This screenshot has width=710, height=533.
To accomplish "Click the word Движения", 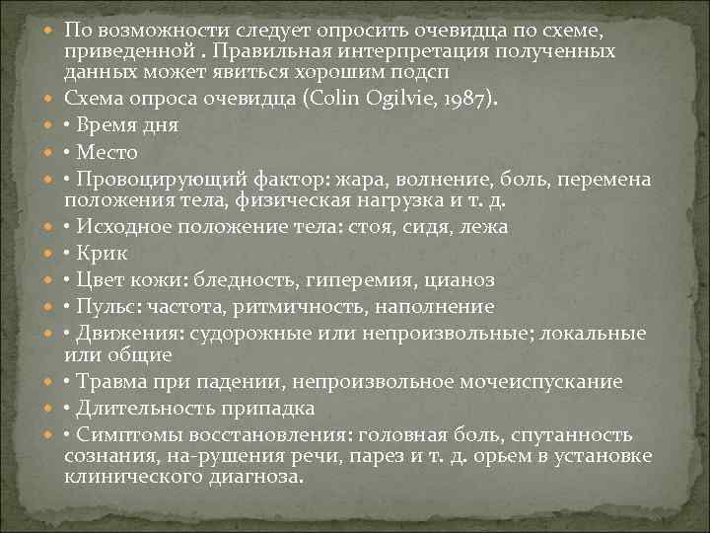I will click(128, 333).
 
